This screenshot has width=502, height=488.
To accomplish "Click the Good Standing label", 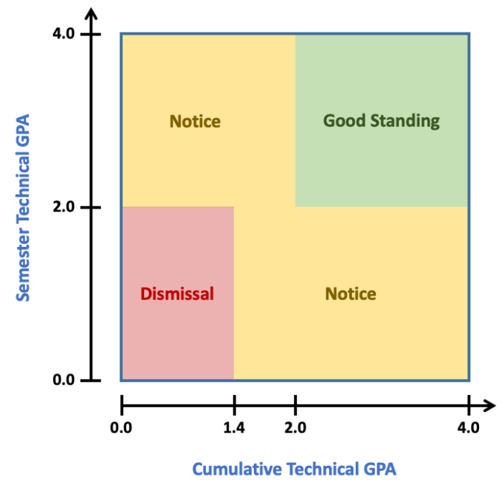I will click(x=381, y=121).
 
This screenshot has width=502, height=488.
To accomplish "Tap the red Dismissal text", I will click(x=177, y=294).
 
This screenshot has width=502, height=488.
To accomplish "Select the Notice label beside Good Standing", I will click(x=195, y=121).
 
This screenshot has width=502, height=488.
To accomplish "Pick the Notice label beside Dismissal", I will click(x=351, y=294).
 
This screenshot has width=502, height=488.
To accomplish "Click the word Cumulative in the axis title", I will click(x=235, y=469).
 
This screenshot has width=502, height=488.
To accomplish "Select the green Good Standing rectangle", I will click(x=382, y=162).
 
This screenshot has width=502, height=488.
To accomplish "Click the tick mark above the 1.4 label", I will click(x=234, y=405).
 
